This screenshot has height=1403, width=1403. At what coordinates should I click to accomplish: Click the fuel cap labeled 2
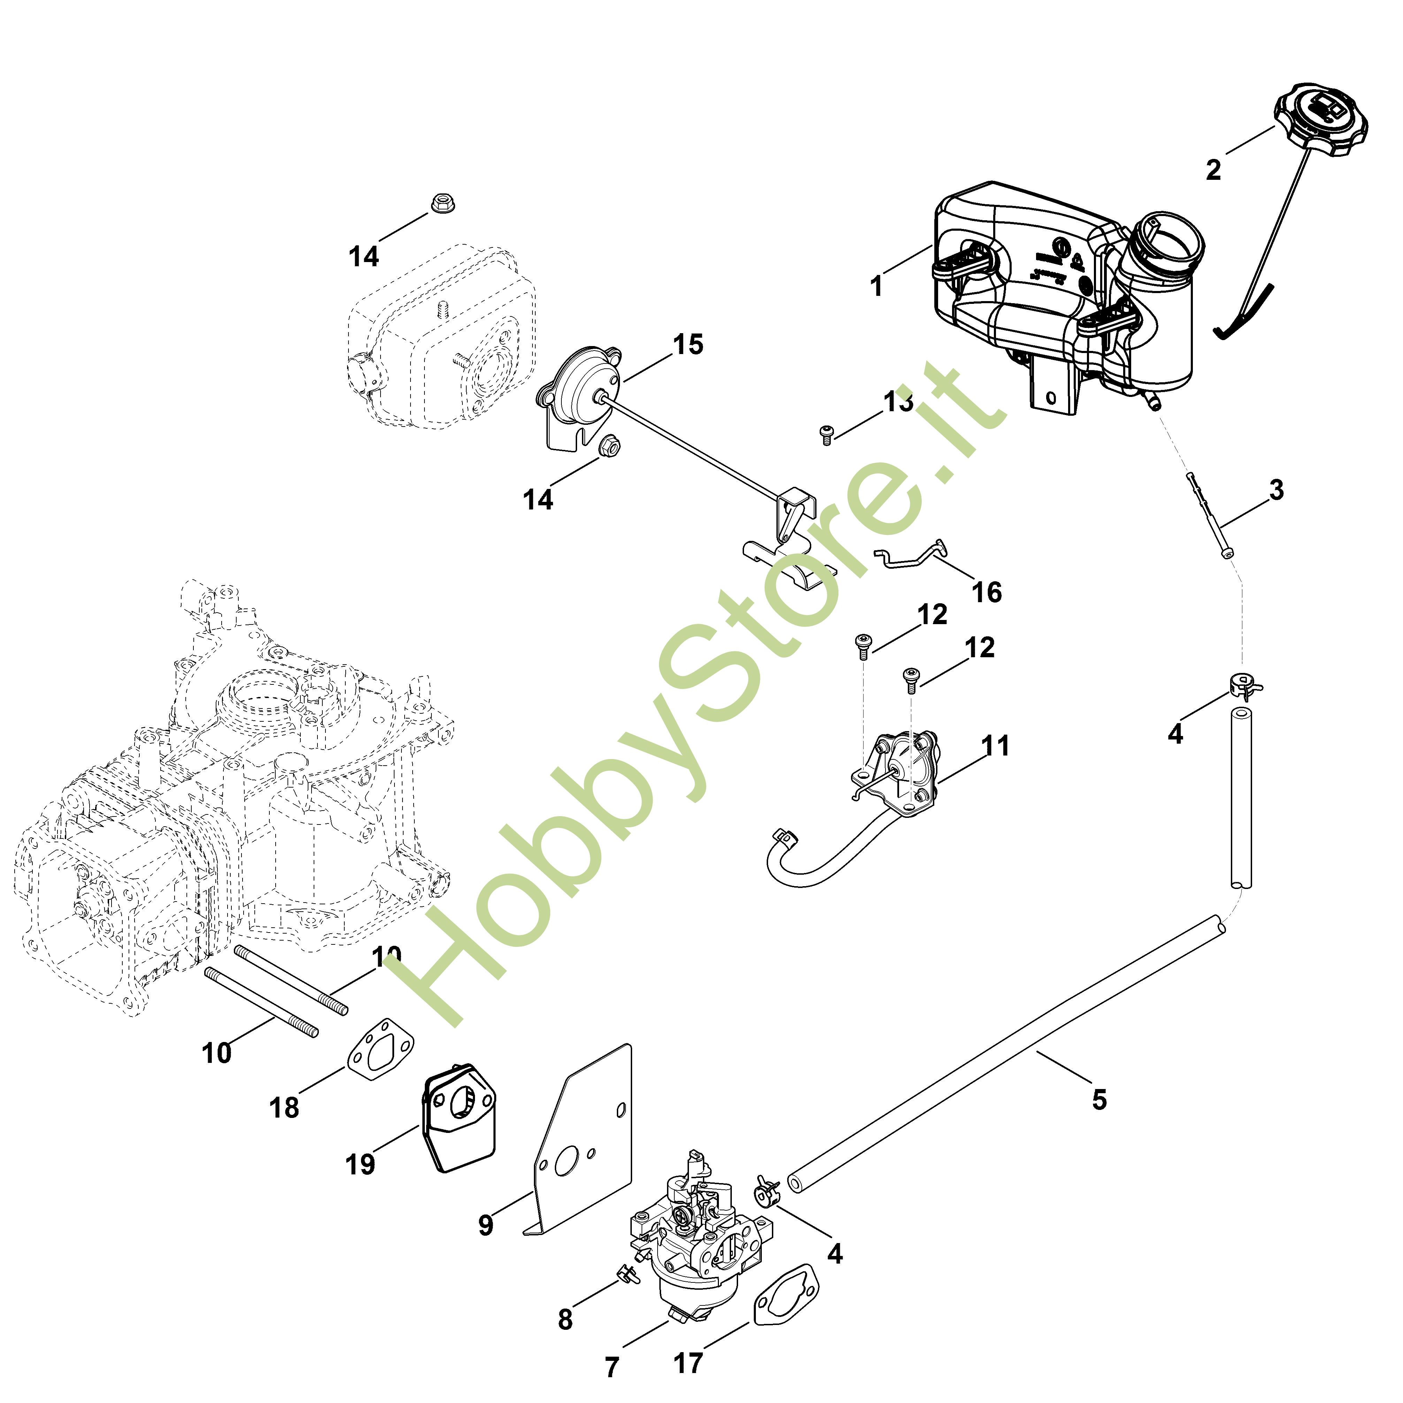[x=1320, y=120]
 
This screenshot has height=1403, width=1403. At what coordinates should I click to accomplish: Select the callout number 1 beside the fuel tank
[x=876, y=286]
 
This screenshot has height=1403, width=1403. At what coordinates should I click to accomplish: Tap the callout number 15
[x=688, y=344]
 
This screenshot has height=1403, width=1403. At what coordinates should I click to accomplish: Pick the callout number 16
[x=986, y=592]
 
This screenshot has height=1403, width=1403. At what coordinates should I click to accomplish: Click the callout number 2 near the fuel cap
[x=1213, y=170]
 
